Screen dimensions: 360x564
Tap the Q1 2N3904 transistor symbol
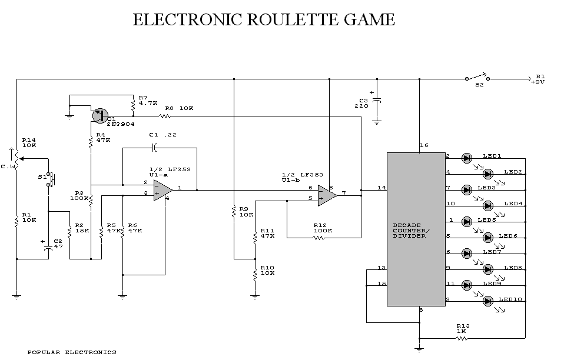tap(99, 115)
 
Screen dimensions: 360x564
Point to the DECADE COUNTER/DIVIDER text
tap(415, 231)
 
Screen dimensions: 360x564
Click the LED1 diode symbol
tap(467, 158)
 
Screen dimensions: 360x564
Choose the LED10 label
tap(510, 300)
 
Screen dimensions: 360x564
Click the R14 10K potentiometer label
tap(29, 142)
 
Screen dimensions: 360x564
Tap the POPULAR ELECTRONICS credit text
tap(72, 352)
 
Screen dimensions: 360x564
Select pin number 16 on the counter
tap(424, 145)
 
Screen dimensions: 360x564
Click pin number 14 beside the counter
tap(381, 188)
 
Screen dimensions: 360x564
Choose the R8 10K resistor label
tap(180, 108)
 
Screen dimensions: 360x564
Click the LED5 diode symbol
tap(467, 221)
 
